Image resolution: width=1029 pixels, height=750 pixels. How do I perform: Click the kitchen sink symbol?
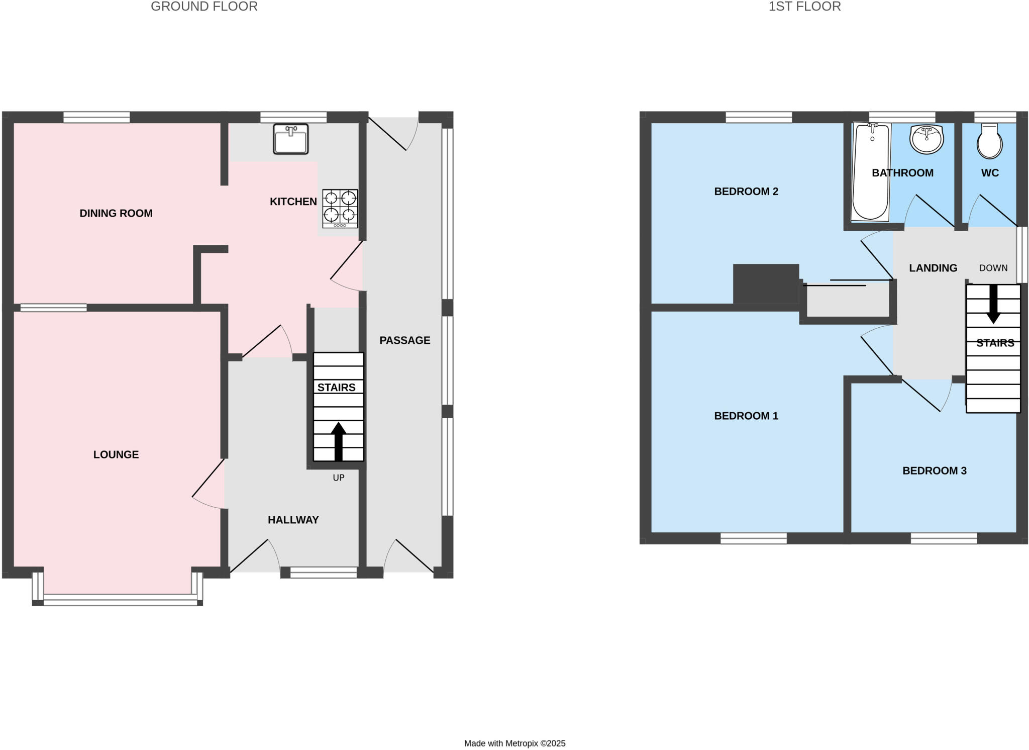click(290, 139)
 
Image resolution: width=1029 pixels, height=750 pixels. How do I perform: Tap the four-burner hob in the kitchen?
click(340, 208)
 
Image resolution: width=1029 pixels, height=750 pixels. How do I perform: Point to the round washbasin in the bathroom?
click(927, 139)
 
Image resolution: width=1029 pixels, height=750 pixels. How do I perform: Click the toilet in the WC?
click(989, 142)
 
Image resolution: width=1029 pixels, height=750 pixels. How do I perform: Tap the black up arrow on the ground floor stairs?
click(338, 441)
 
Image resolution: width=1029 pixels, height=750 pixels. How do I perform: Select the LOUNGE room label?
click(116, 454)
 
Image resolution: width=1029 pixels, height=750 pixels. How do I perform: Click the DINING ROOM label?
click(116, 213)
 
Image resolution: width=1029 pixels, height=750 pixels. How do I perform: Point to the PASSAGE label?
click(404, 340)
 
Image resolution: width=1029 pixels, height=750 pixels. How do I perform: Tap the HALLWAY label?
click(293, 520)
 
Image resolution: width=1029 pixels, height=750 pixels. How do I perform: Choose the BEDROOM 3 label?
click(934, 471)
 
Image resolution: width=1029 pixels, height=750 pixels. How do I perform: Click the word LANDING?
click(933, 268)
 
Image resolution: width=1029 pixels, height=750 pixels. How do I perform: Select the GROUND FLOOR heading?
click(204, 7)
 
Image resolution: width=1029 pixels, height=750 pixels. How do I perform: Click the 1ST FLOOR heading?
click(804, 7)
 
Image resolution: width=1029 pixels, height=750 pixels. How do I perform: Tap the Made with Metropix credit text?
click(514, 743)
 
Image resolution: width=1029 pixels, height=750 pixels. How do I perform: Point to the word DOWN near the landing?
click(993, 268)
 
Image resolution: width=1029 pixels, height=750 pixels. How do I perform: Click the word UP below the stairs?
click(338, 478)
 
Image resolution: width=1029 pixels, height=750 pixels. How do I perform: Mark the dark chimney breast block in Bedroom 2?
click(766, 284)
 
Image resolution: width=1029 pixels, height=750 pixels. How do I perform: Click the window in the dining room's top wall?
click(96, 118)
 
